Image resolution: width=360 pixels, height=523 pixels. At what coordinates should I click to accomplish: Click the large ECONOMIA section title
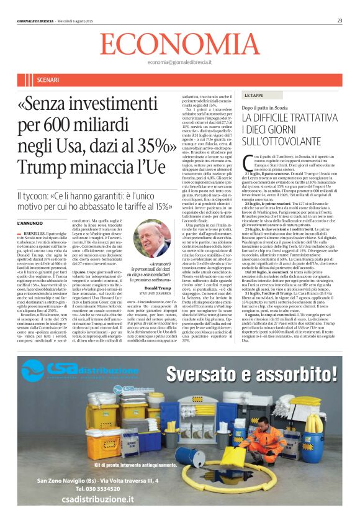pos(179,44)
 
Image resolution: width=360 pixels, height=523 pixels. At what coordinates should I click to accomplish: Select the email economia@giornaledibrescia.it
pos(179,63)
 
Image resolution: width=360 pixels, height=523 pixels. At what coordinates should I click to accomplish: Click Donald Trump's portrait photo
pos(152,239)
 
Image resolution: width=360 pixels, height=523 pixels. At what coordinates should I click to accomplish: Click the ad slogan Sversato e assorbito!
pos(251,373)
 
